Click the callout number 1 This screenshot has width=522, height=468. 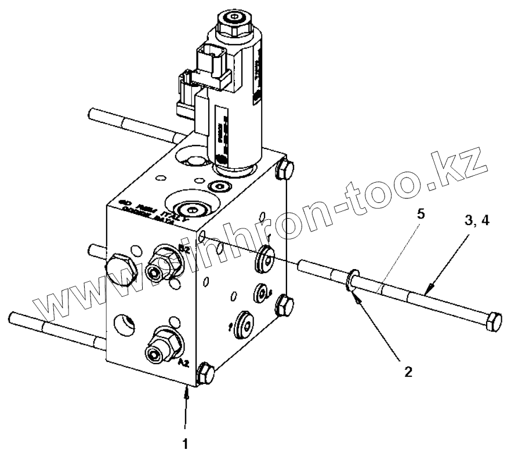(x=186, y=445)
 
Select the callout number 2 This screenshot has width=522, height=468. (x=409, y=372)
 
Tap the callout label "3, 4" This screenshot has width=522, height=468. (x=477, y=221)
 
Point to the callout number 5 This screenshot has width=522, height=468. (x=421, y=214)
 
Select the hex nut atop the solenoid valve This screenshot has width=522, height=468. (x=233, y=24)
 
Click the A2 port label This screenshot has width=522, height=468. (x=183, y=364)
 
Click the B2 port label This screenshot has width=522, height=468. (x=184, y=249)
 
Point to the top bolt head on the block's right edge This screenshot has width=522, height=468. (x=284, y=169)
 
